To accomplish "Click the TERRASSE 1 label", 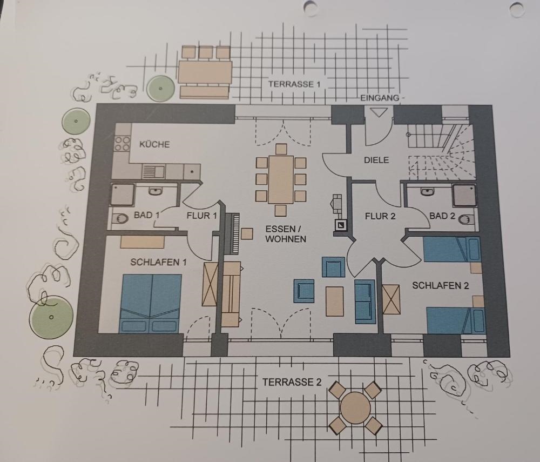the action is coord(294,84).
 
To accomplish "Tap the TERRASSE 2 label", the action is coord(292,382).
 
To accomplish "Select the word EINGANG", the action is coord(380,98).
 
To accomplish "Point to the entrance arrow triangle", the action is coord(379,112).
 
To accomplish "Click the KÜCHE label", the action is coord(154,144).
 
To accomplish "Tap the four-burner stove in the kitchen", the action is coord(122,143).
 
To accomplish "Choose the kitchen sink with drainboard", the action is coord(153,171).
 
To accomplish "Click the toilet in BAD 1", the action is coord(119,218).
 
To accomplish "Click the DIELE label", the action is coord(376,160).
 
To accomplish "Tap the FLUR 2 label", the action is coord(380,216).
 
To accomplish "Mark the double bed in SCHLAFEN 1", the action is coord(151,304).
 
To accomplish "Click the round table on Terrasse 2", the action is coord(355,407).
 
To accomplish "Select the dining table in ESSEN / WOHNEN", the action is coord(281,179).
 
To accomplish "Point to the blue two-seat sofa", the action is coord(364,302).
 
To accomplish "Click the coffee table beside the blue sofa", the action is coord(334,301).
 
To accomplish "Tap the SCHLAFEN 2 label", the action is coord(441,286).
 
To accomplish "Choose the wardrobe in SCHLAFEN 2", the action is coord(391,299).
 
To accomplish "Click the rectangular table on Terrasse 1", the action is coord(205,72).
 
